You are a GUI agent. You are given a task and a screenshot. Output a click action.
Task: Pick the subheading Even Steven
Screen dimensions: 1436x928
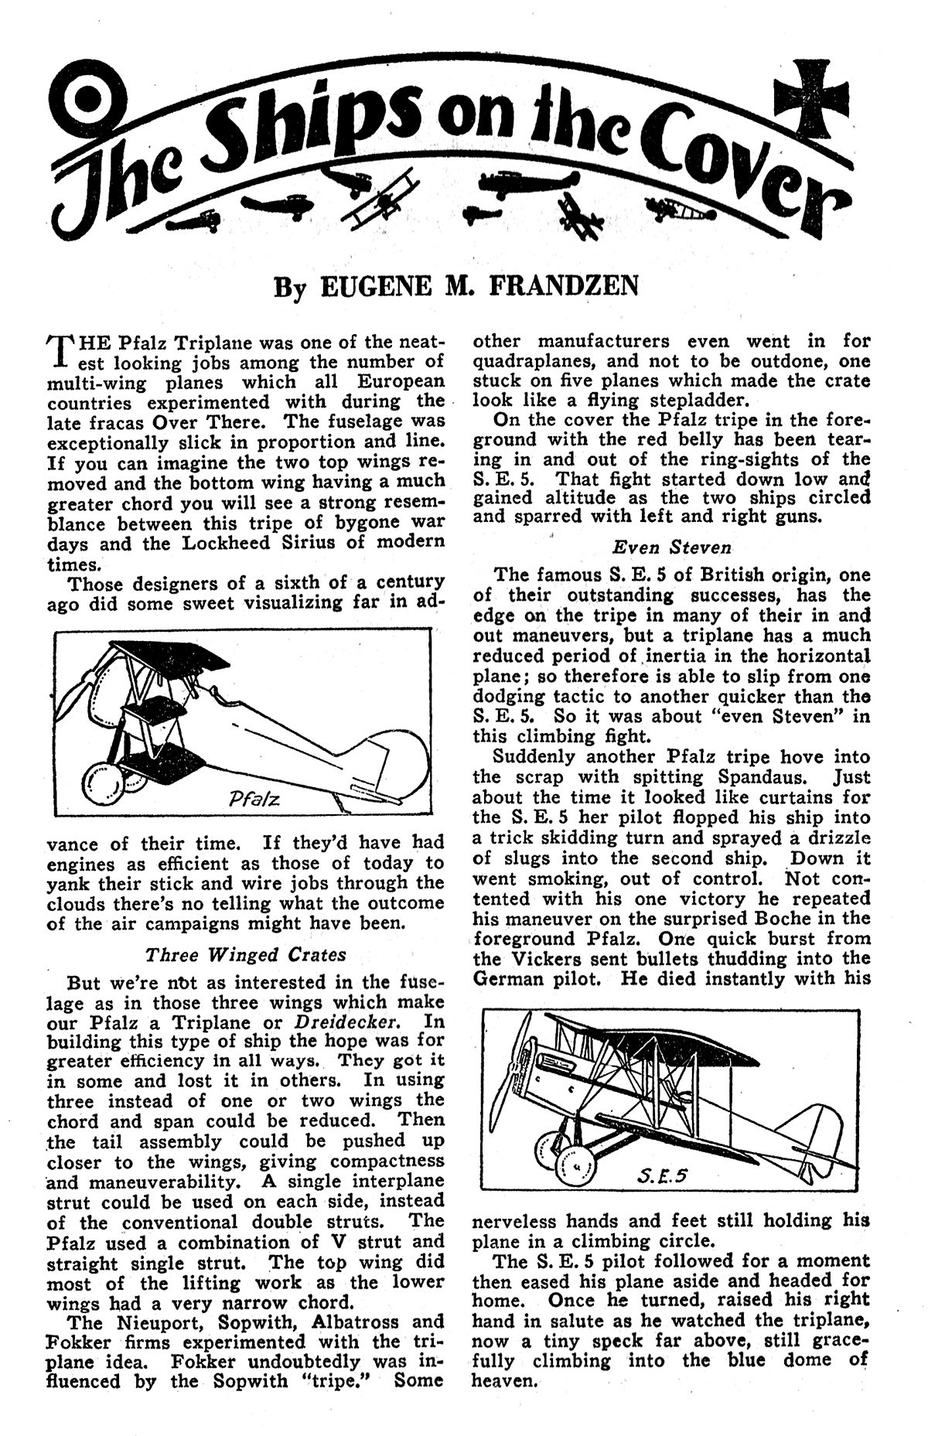(671, 547)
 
